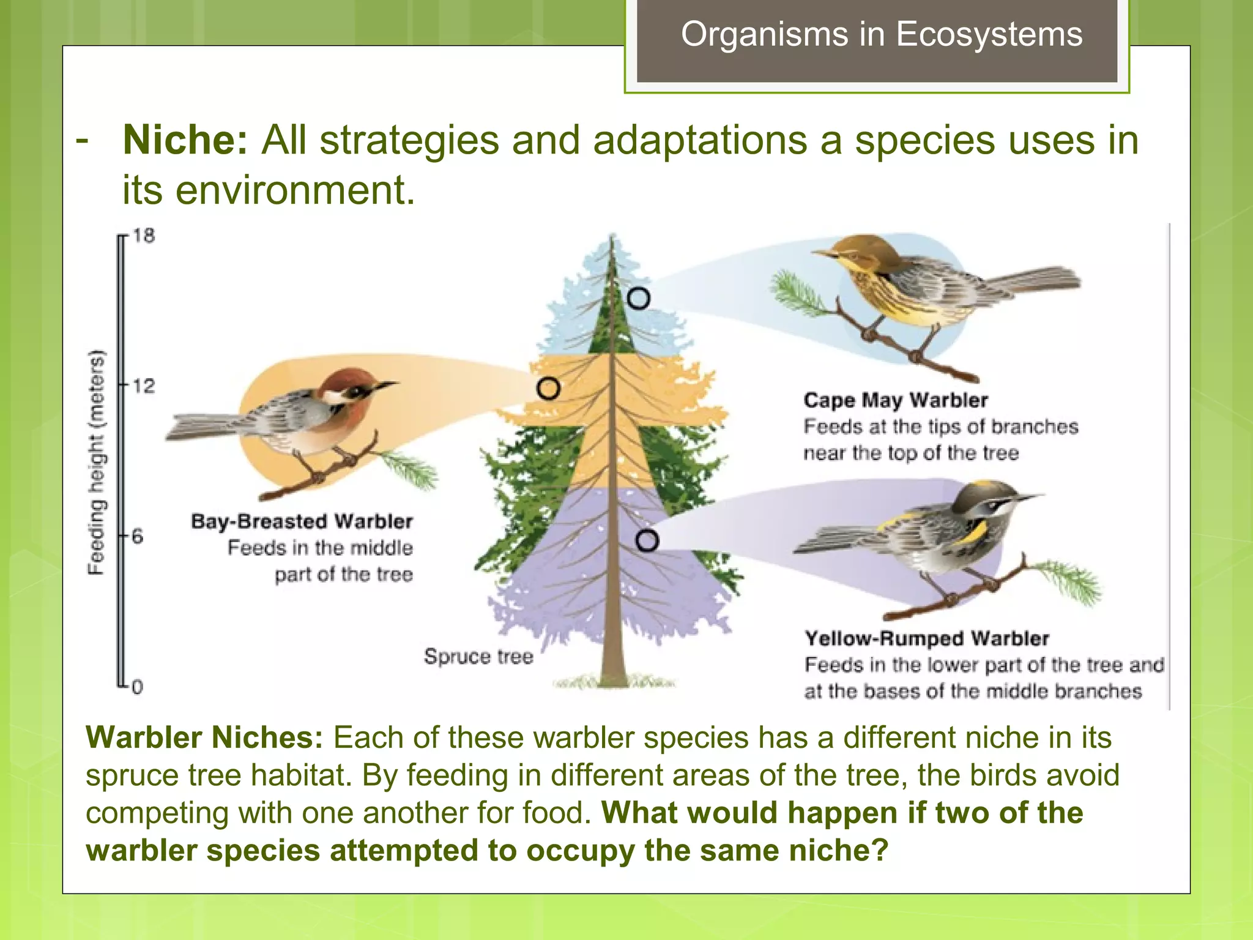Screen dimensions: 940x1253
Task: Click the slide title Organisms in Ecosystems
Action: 882,34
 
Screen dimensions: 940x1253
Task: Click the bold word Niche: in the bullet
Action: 185,140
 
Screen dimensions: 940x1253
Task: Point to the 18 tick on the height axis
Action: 144,236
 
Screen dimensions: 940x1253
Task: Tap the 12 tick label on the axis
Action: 144,386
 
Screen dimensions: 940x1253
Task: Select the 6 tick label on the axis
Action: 137,537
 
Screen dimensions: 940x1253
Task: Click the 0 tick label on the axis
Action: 137,687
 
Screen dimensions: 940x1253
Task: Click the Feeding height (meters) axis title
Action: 97,463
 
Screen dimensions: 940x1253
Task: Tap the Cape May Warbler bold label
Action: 895,400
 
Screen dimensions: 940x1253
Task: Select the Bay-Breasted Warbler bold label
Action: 302,521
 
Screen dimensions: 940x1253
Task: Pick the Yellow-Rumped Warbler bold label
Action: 926,639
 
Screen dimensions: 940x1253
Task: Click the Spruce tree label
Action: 478,657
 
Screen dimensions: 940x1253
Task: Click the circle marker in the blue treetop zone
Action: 638,299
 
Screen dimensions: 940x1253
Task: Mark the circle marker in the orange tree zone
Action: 548,389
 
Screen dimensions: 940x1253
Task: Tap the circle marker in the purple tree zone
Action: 647,541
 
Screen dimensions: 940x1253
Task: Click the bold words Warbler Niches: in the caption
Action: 204,737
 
